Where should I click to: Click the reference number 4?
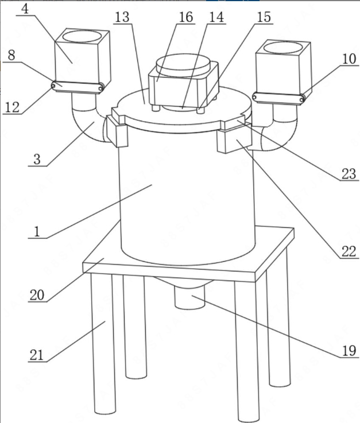pyautogui.click(x=25, y=9)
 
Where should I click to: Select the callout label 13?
pyautogui.click(x=122, y=18)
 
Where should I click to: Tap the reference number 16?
pyautogui.click(x=186, y=17)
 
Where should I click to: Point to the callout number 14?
pyautogui.click(x=216, y=17)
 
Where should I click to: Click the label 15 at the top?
pyautogui.click(x=264, y=17)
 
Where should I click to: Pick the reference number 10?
pyautogui.click(x=349, y=59)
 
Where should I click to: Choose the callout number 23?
pyautogui.click(x=349, y=174)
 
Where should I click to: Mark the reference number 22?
pyautogui.click(x=349, y=252)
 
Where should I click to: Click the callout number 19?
pyautogui.click(x=349, y=351)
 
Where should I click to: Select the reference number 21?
pyautogui.click(x=37, y=355)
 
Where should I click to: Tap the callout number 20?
pyautogui.click(x=37, y=295)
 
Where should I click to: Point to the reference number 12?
pyautogui.click(x=13, y=107)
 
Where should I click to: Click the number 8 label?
pyautogui.click(x=11, y=55)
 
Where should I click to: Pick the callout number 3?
pyautogui.click(x=37, y=159)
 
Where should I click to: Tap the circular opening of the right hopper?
pyautogui.click(x=282, y=48)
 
